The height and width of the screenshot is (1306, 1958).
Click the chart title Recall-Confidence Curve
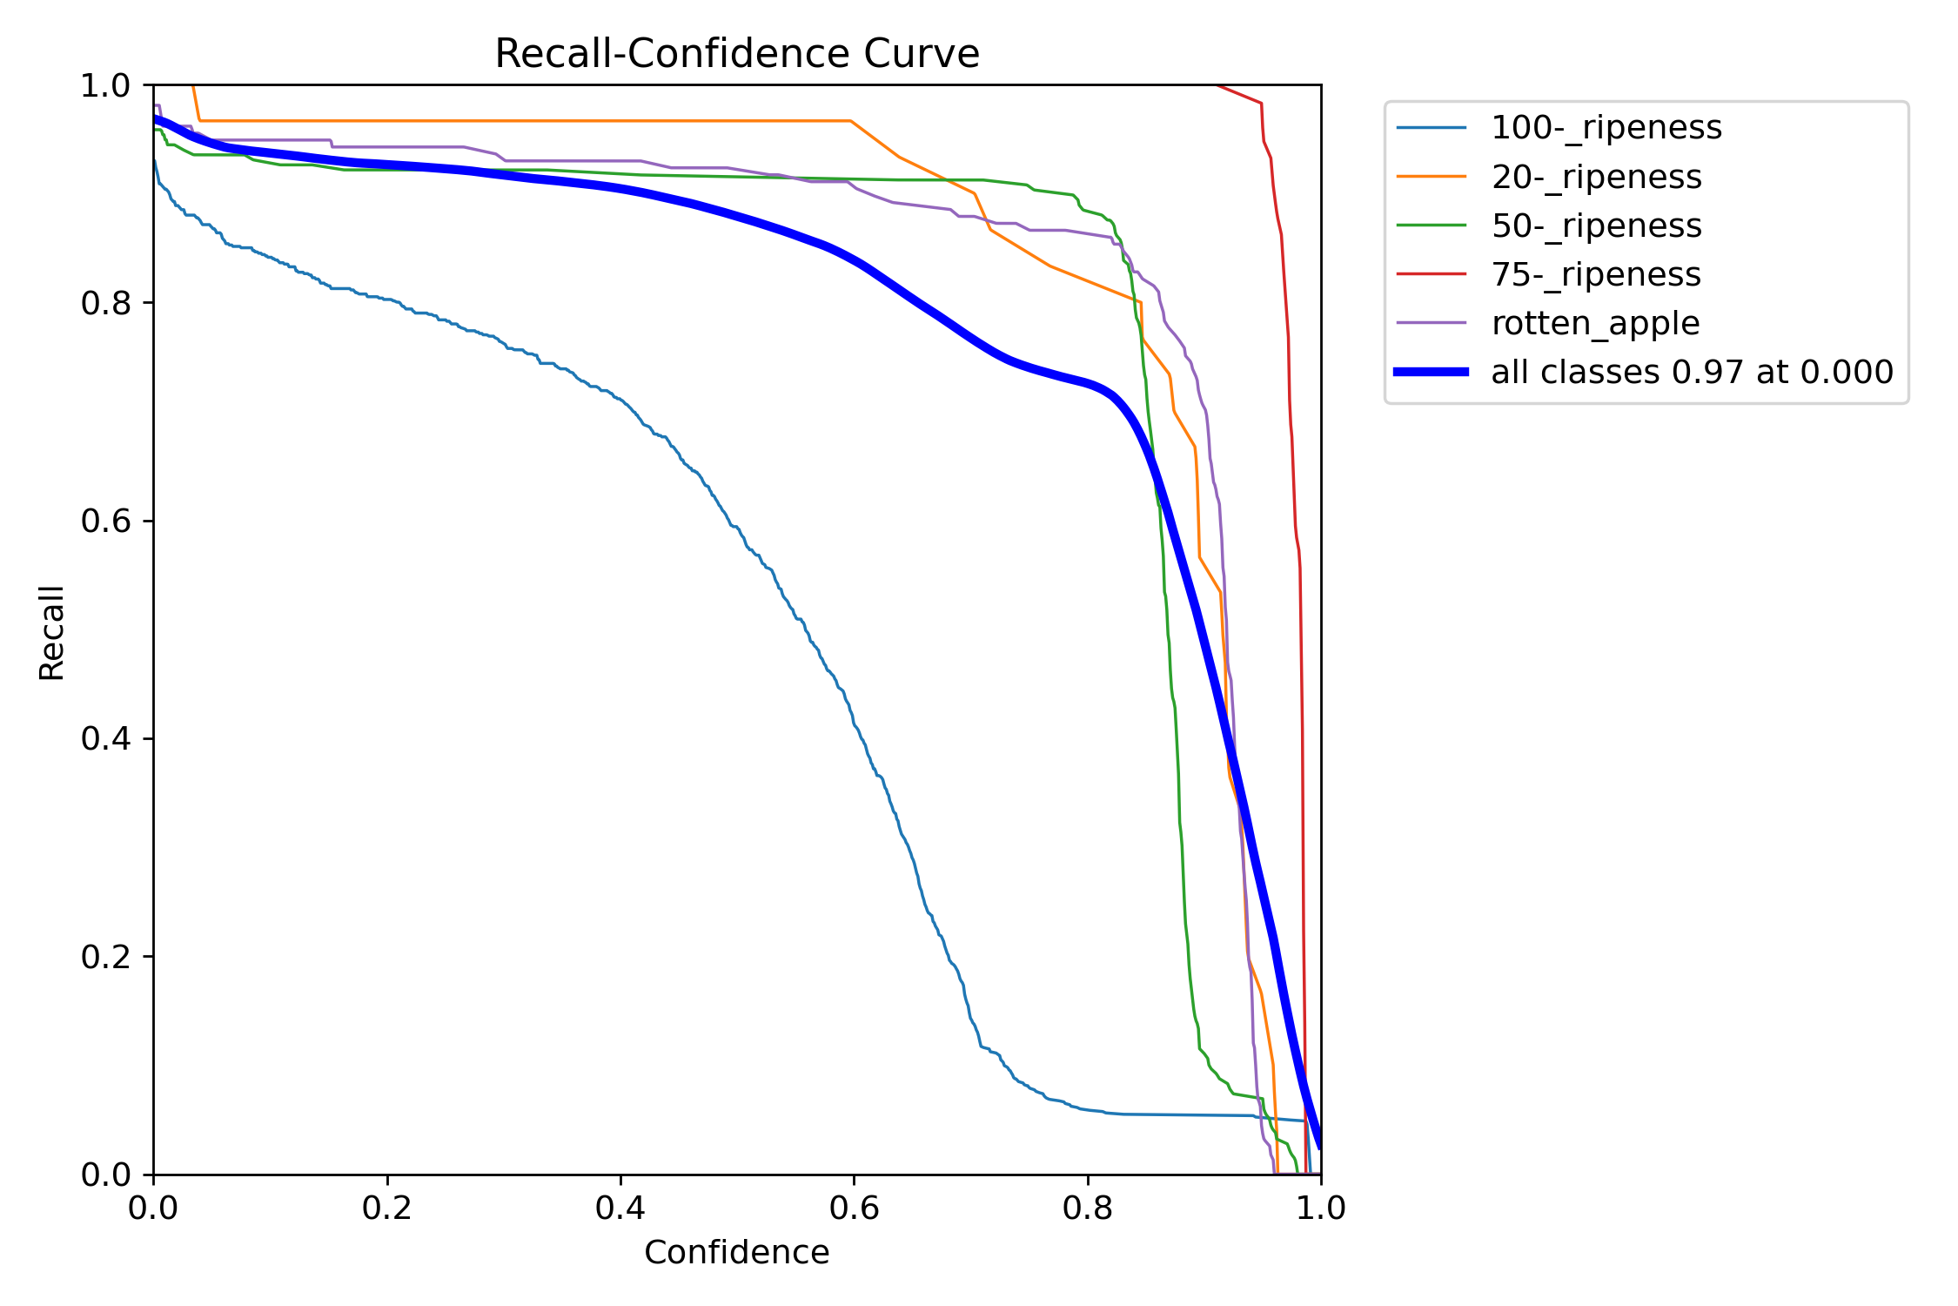pyautogui.click(x=737, y=54)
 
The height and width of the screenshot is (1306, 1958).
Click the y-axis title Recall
pyautogui.click(x=51, y=632)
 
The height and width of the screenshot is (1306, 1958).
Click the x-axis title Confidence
pyautogui.click(x=737, y=1253)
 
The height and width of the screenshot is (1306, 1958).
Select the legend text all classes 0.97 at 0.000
pyautogui.click(x=1693, y=373)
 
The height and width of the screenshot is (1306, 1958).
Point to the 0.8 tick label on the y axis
pyautogui.click(x=105, y=303)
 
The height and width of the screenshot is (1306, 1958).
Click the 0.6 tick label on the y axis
pyautogui.click(x=105, y=521)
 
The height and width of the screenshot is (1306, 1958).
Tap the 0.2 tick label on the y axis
pyautogui.click(x=105, y=957)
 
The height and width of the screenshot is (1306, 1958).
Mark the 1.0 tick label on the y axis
pyautogui.click(x=105, y=85)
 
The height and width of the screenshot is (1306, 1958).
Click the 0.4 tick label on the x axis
pyautogui.click(x=620, y=1208)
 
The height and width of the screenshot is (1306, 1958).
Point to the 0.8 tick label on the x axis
pyautogui.click(x=1088, y=1208)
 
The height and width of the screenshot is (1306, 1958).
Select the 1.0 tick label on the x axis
pyautogui.click(x=1321, y=1208)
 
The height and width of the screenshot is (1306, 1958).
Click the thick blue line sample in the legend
pyautogui.click(x=1432, y=372)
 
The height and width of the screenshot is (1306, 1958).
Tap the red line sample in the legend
pyautogui.click(x=1432, y=274)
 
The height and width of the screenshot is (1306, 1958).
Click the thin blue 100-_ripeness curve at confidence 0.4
pyautogui.click(x=620, y=400)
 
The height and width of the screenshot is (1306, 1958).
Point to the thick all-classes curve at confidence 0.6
pyautogui.click(x=854, y=259)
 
